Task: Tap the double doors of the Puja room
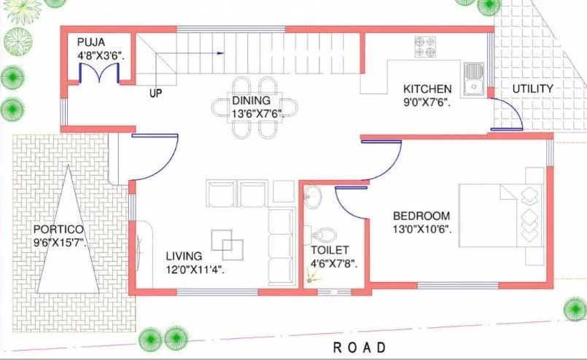(99, 74)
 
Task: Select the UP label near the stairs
(155, 93)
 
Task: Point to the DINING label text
(252, 100)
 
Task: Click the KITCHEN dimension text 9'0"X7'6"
(427, 103)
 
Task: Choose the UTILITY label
(532, 89)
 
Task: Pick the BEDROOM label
(421, 216)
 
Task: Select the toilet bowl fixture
(324, 235)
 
